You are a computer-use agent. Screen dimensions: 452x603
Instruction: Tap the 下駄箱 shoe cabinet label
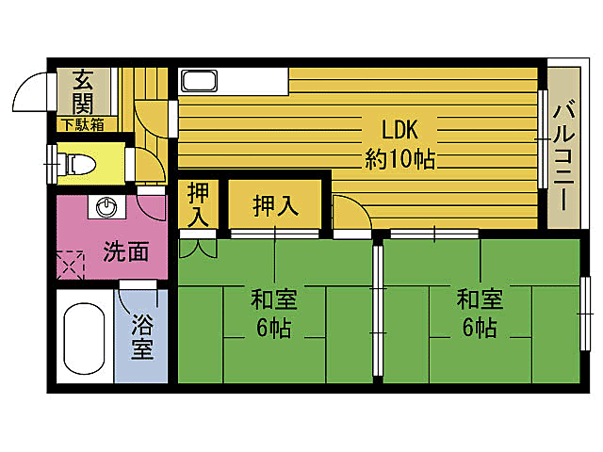coord(83,124)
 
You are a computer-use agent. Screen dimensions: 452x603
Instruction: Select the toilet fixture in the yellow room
coord(78,163)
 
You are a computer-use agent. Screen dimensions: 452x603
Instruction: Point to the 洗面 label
coord(125,251)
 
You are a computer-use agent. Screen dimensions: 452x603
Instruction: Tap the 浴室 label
coord(141,337)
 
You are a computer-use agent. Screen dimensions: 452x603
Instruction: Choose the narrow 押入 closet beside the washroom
coord(198,204)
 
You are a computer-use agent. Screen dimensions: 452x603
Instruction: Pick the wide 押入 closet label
coord(276,205)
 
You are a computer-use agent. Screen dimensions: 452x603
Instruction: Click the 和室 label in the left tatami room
coord(273,300)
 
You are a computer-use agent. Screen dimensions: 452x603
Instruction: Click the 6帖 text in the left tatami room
coord(273,330)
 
